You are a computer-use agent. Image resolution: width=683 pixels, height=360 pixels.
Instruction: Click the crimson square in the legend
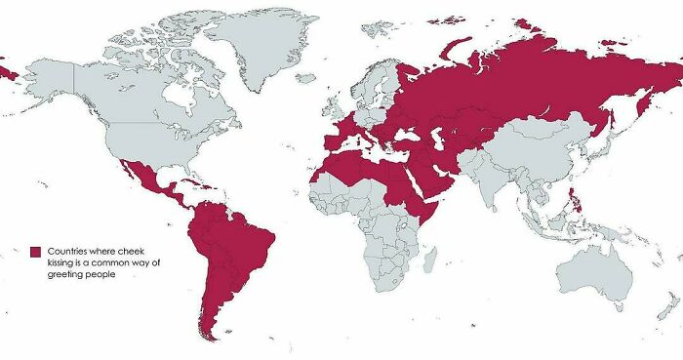[x=34, y=251]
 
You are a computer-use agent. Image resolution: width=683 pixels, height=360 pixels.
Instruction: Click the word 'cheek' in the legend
[x=130, y=251]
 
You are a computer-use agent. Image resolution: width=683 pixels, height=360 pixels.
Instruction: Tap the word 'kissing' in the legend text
[x=61, y=262]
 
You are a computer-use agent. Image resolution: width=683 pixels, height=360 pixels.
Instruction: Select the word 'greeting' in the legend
[x=65, y=274]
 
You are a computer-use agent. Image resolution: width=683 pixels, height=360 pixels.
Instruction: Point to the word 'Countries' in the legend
[x=68, y=251]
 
